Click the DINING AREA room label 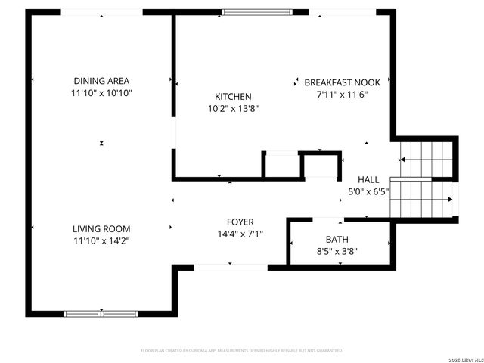click(101, 81)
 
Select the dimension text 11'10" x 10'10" click(101, 93)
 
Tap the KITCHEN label click(233, 96)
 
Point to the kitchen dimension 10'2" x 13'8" click(233, 108)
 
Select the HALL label click(368, 179)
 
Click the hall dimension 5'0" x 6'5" click(368, 191)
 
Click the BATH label click(337, 239)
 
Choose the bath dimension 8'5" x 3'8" click(337, 251)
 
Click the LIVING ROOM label click(101, 228)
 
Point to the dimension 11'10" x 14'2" click(101, 240)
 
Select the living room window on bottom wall click(101, 313)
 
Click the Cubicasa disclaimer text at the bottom click(242, 351)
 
